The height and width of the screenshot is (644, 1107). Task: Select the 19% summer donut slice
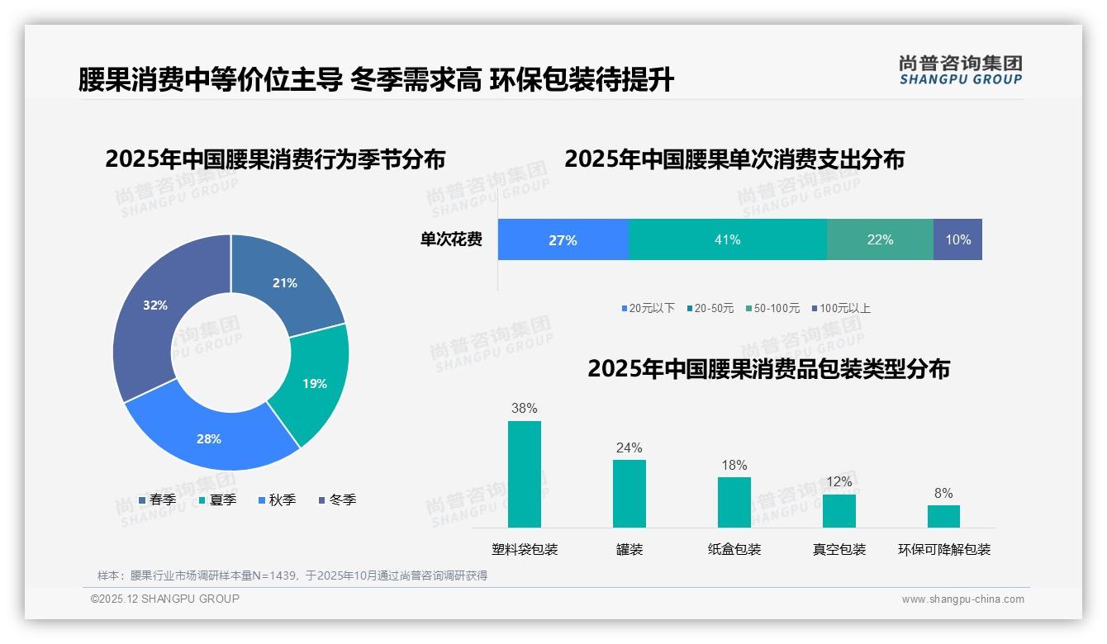[314, 383]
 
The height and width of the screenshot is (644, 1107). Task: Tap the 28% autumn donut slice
[209, 438]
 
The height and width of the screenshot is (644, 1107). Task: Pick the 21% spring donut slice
[285, 283]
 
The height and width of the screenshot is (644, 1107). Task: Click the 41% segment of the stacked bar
[727, 239]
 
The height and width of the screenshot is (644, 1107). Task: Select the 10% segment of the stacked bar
[957, 239]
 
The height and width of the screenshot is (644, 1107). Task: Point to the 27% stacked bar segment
[563, 239]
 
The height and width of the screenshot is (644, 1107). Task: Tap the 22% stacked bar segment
[880, 239]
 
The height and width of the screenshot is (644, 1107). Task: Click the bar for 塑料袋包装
[525, 474]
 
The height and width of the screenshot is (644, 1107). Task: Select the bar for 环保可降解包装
[943, 516]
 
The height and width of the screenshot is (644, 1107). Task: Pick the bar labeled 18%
[734, 502]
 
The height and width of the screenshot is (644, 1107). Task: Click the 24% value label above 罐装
[629, 447]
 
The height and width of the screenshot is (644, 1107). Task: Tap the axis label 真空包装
[839, 549]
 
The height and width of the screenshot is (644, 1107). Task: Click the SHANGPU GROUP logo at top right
[960, 70]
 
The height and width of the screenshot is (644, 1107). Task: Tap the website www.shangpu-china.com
[962, 599]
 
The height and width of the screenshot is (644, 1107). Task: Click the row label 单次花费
[451, 239]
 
